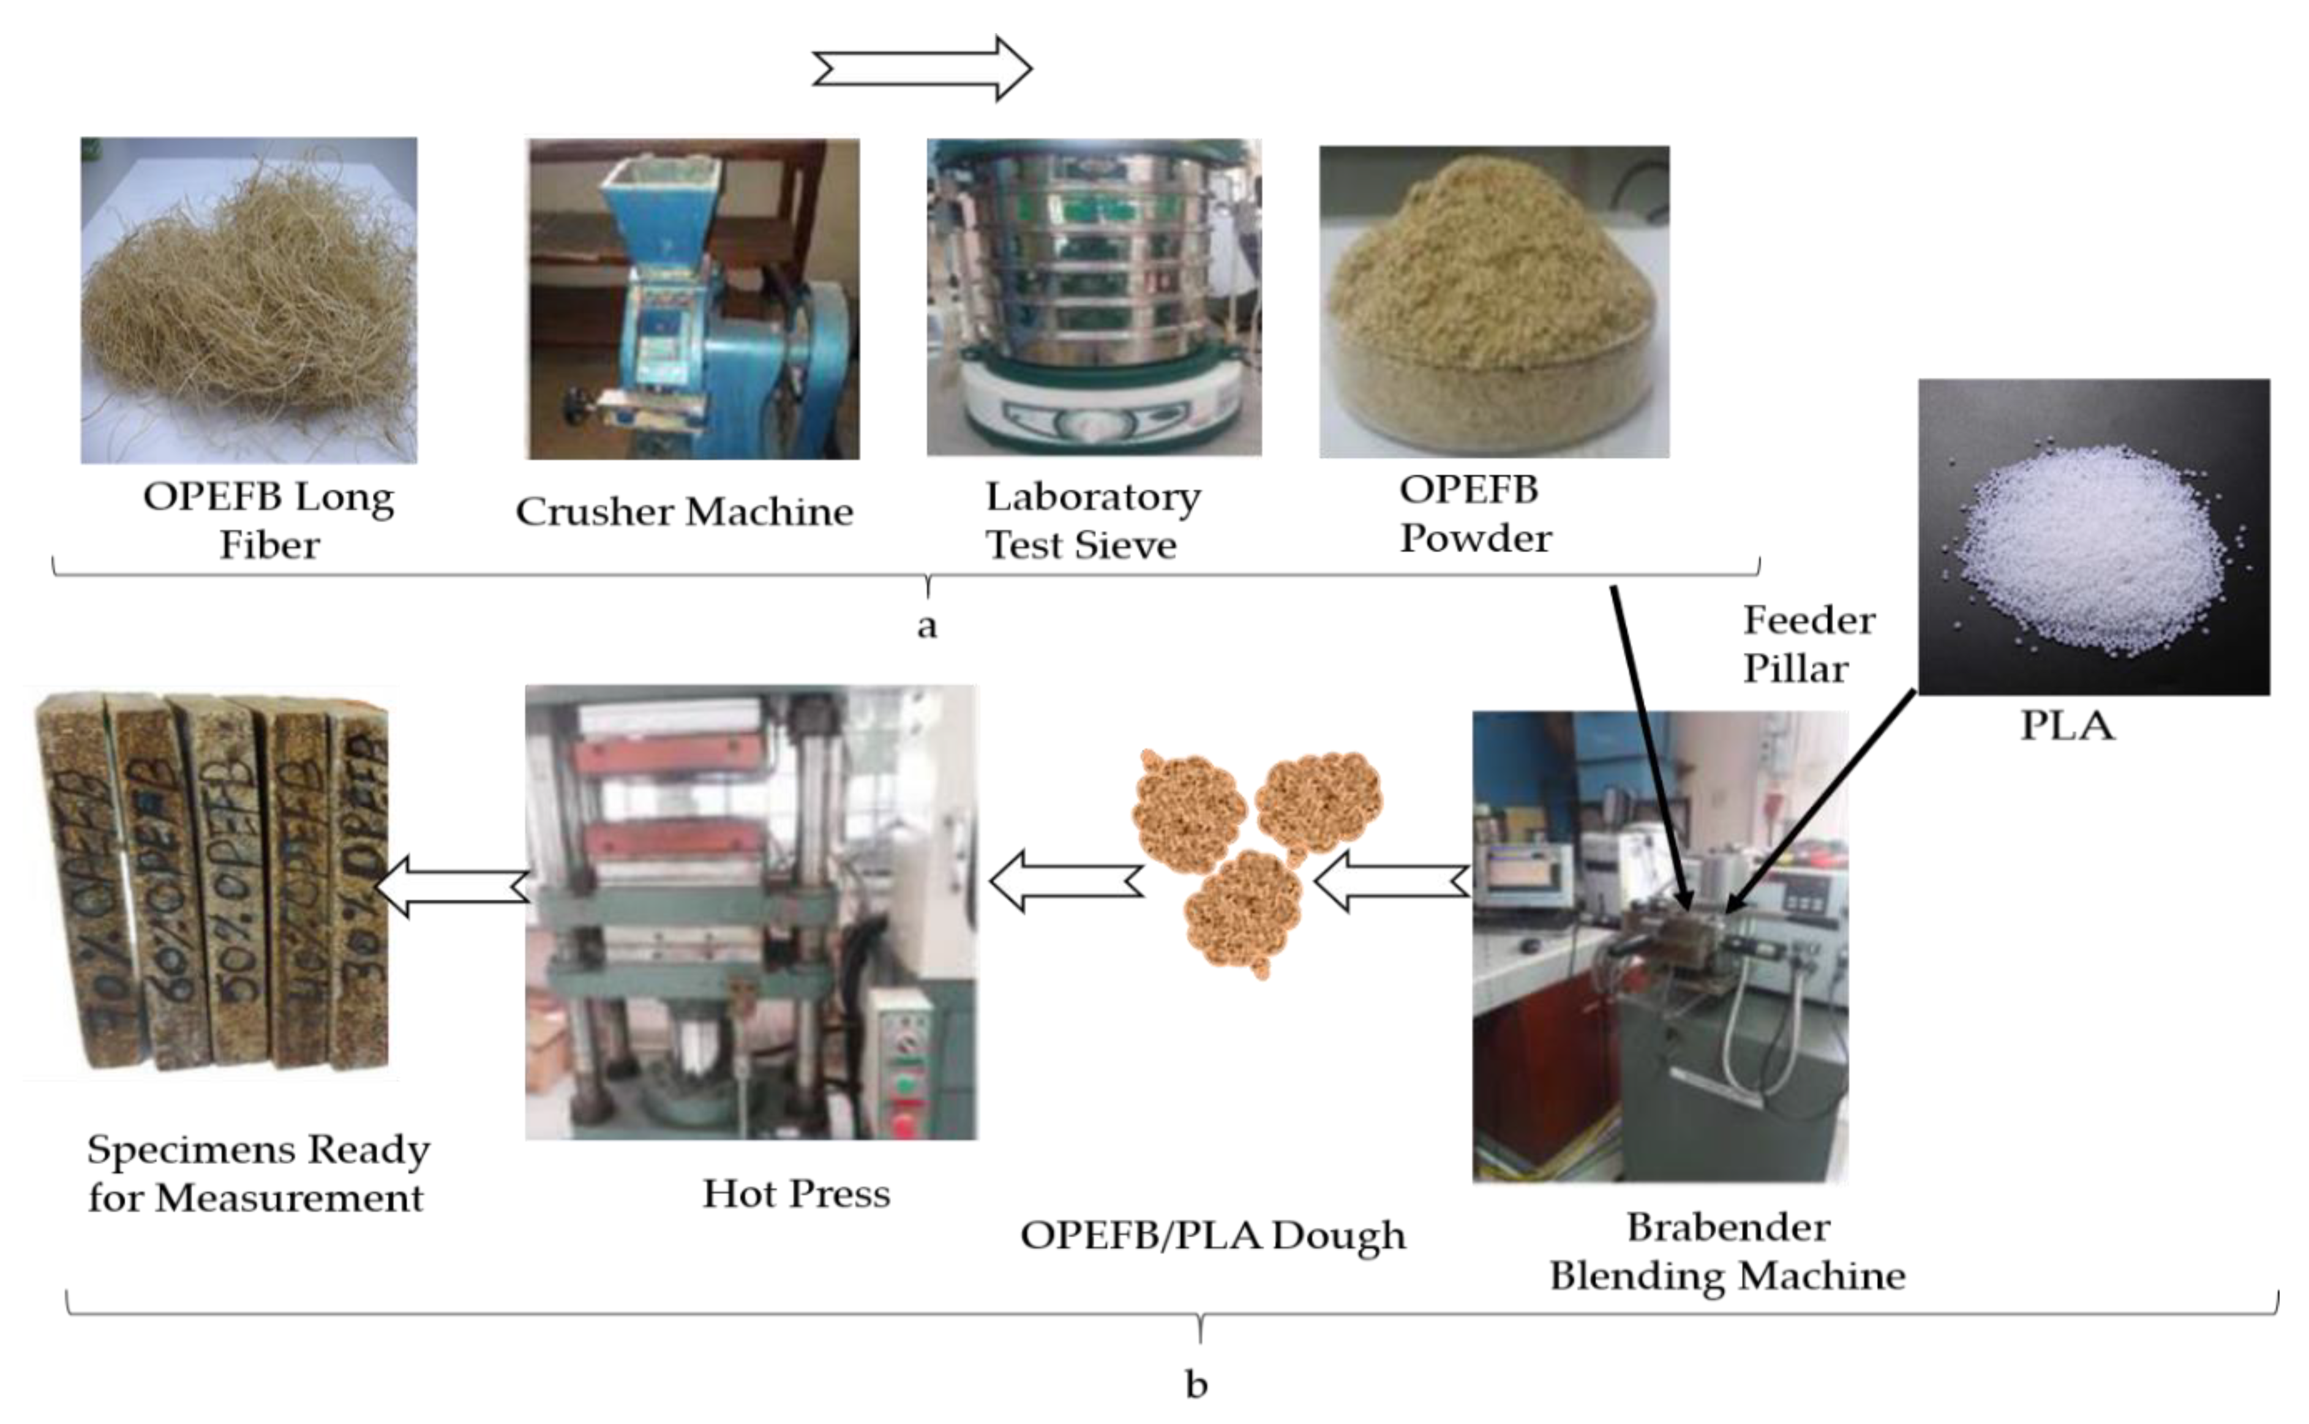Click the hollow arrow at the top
pyautogui.click(x=921, y=69)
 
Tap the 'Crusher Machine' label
pyautogui.click(x=684, y=511)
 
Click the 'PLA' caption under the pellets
pyautogui.click(x=2067, y=725)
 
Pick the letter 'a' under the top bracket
pyautogui.click(x=926, y=625)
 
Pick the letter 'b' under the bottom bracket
pyautogui.click(x=1196, y=1384)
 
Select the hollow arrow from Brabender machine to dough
pyautogui.click(x=1392, y=882)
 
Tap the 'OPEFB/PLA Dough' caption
pyautogui.click(x=1212, y=1235)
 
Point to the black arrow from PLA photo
pyautogui.click(x=1822, y=801)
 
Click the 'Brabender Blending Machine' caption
pyautogui.click(x=1727, y=1251)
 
